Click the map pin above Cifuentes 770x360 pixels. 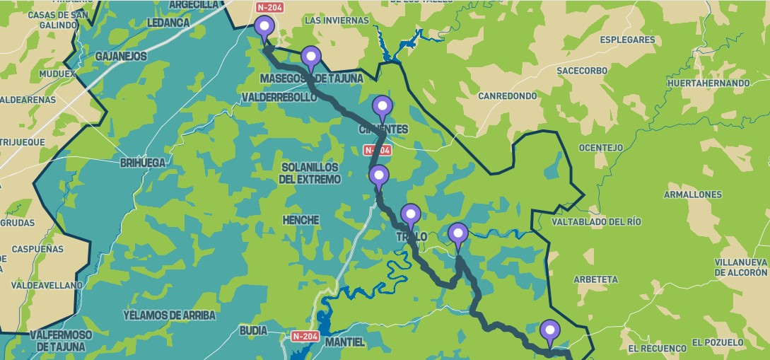[383, 108]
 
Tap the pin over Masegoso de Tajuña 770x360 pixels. [310, 59]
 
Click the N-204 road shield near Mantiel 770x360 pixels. [305, 336]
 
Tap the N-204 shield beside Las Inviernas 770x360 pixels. [271, 8]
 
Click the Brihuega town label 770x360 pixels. [143, 163]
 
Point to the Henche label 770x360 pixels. [300, 221]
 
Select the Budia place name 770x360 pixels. [254, 330]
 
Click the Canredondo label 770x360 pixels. [508, 95]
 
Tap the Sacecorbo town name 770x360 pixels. [582, 71]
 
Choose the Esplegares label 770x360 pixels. [628, 40]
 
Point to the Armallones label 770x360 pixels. [693, 194]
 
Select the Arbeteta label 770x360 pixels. [595, 279]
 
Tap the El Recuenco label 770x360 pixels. [657, 348]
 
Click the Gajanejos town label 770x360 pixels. [121, 56]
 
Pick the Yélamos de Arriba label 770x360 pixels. [169, 315]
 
